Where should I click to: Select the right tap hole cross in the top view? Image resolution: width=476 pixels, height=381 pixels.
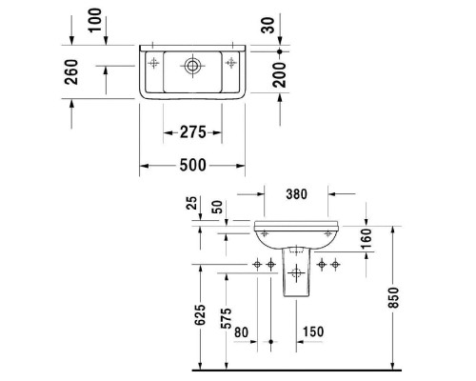(x=231, y=64)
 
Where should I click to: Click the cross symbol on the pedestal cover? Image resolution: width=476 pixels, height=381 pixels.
(x=296, y=275)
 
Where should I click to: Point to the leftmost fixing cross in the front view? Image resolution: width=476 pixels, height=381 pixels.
(x=258, y=264)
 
